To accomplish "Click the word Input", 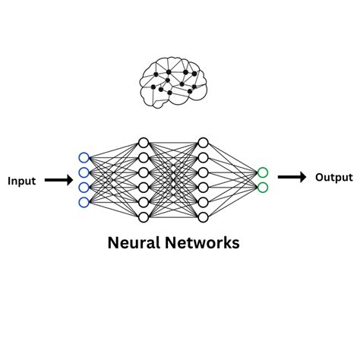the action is click(22, 182).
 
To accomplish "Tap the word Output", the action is click(334, 178).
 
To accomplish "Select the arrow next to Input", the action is click(58, 180).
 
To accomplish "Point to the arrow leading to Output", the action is click(292, 177).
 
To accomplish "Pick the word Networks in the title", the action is click(202, 242).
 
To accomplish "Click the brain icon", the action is click(173, 83).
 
